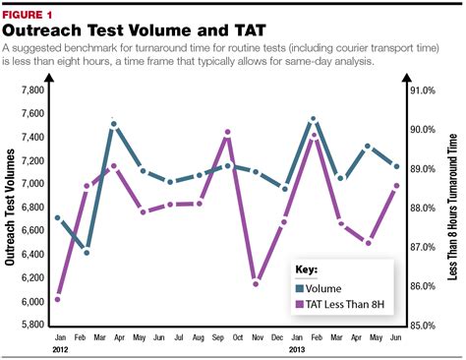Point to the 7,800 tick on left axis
[31, 90]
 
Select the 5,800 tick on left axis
[31, 325]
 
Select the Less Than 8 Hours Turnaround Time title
[454, 207]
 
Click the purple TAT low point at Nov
[256, 283]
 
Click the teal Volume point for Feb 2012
[86, 253]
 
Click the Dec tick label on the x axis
[283, 336]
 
